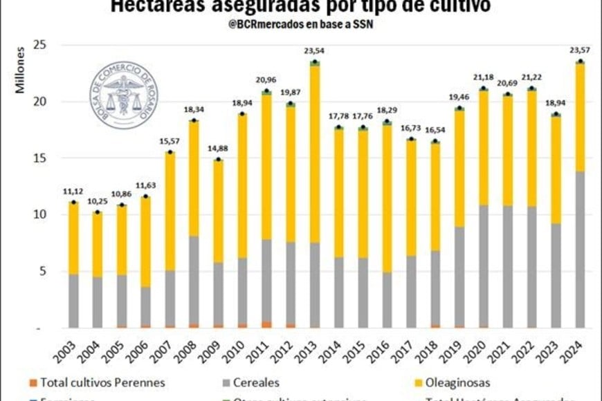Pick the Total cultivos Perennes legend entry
pos(98,382)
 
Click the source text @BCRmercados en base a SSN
pos(300,26)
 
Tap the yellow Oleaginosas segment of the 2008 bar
pos(194,180)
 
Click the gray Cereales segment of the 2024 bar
pos(579,249)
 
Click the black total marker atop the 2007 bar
pos(170,151)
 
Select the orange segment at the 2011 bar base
pos(266,324)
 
